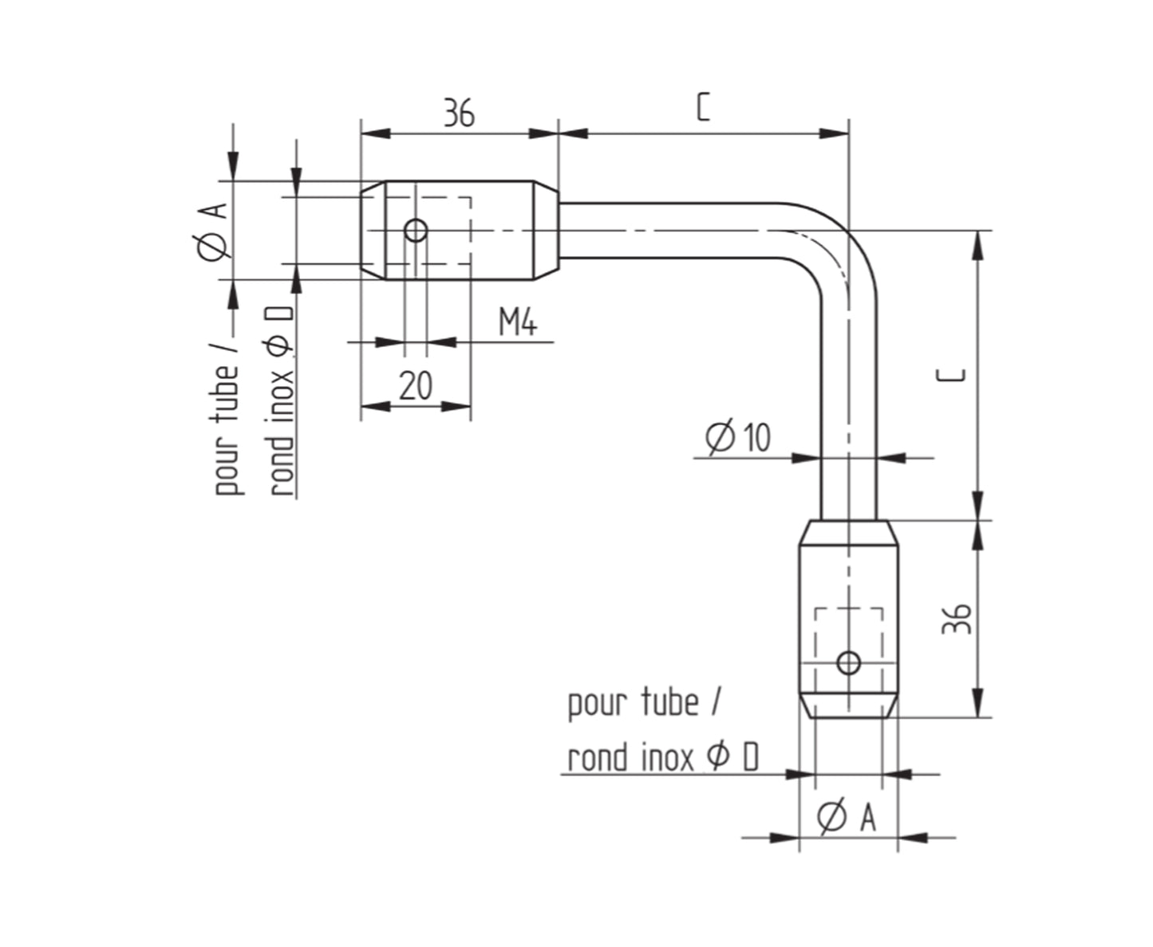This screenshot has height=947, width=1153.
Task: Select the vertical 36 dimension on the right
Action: pos(957,618)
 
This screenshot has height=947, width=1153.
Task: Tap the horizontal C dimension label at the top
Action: pos(703,107)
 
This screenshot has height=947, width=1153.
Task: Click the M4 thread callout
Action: pos(518,322)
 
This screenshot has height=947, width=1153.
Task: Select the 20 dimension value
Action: pos(416,385)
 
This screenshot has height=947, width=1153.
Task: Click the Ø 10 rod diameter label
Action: pos(738,437)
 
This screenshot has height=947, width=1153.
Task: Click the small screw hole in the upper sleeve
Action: pos(416,231)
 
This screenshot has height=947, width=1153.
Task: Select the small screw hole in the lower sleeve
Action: pos(848,663)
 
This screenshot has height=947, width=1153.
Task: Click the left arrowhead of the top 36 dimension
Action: pos(376,133)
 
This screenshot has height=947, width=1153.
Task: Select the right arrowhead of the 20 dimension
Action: pos(456,406)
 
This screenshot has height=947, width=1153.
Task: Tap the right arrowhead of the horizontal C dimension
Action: pos(835,133)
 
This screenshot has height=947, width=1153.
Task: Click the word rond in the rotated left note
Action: pos(281,467)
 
